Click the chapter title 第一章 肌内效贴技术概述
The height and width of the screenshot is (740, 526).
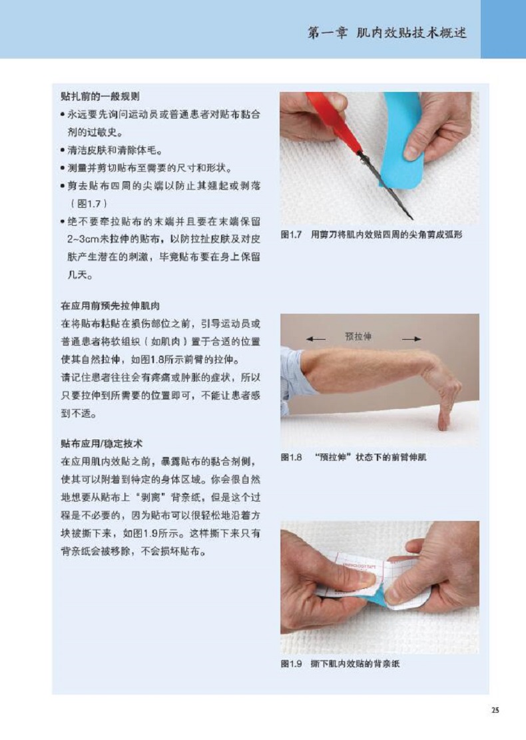pyautogui.click(x=387, y=33)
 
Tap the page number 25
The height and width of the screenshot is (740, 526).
pyautogui.click(x=495, y=710)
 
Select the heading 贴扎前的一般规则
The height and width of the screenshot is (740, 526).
pyautogui.click(x=100, y=97)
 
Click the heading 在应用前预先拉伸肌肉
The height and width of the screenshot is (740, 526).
pyautogui.click(x=110, y=306)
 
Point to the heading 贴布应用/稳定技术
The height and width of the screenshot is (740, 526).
pyautogui.click(x=101, y=444)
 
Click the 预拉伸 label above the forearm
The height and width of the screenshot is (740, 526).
pyautogui.click(x=358, y=336)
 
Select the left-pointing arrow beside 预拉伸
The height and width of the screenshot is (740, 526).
pyautogui.click(x=316, y=339)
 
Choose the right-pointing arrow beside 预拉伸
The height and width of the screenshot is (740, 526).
pyautogui.click(x=411, y=339)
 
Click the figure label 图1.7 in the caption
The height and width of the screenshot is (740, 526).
pyautogui.click(x=291, y=234)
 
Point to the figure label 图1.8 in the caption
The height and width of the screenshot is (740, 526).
pyautogui.click(x=291, y=458)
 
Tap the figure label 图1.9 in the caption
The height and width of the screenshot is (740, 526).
pyautogui.click(x=291, y=664)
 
